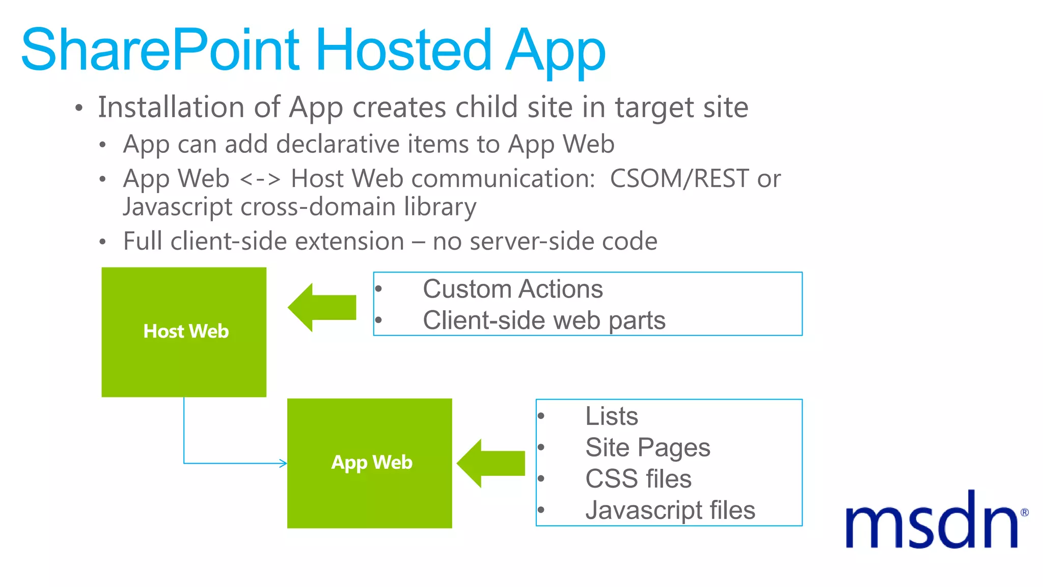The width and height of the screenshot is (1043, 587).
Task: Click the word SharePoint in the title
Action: [160, 50]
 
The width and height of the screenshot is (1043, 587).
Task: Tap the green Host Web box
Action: [184, 332]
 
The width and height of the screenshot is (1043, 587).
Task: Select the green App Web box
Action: [370, 463]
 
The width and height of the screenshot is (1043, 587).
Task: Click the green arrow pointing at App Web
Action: [490, 463]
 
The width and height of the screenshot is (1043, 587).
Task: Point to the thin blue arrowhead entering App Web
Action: [283, 463]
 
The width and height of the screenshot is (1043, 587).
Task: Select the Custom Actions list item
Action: [512, 289]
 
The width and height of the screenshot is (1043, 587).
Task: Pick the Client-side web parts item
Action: [544, 321]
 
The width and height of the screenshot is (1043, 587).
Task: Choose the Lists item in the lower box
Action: [611, 416]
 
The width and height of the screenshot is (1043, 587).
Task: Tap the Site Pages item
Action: [647, 447]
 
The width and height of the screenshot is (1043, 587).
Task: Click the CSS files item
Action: [638, 479]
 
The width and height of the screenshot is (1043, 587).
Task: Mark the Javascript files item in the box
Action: [670, 510]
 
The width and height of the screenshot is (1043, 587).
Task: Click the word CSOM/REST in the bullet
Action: [679, 178]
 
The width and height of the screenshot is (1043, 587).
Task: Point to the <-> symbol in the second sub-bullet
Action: [260, 179]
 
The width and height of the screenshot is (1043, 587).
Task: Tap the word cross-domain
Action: [318, 207]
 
